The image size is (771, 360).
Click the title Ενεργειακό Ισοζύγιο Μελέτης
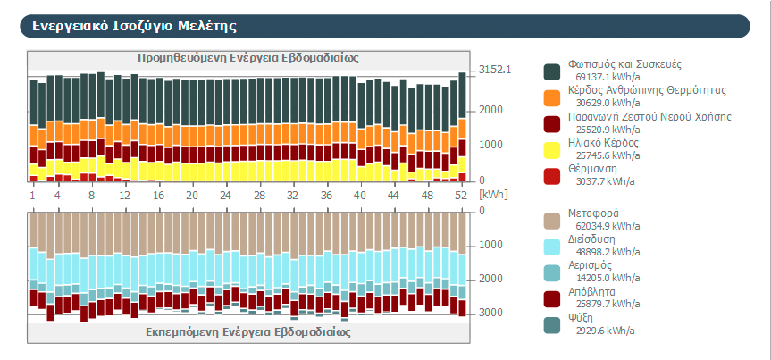point(135,26)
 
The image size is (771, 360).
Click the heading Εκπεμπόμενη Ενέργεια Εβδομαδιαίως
point(247,331)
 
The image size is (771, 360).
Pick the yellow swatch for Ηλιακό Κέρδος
point(551,149)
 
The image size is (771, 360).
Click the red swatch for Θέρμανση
point(551,175)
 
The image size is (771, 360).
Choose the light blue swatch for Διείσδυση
point(551,247)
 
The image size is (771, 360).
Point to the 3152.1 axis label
point(494,69)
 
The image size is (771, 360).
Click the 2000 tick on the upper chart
point(490,110)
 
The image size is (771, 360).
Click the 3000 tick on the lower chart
point(490,314)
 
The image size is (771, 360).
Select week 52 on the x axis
point(461,194)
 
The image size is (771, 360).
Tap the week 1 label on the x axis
point(32,194)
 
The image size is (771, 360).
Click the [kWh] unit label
point(492,194)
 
